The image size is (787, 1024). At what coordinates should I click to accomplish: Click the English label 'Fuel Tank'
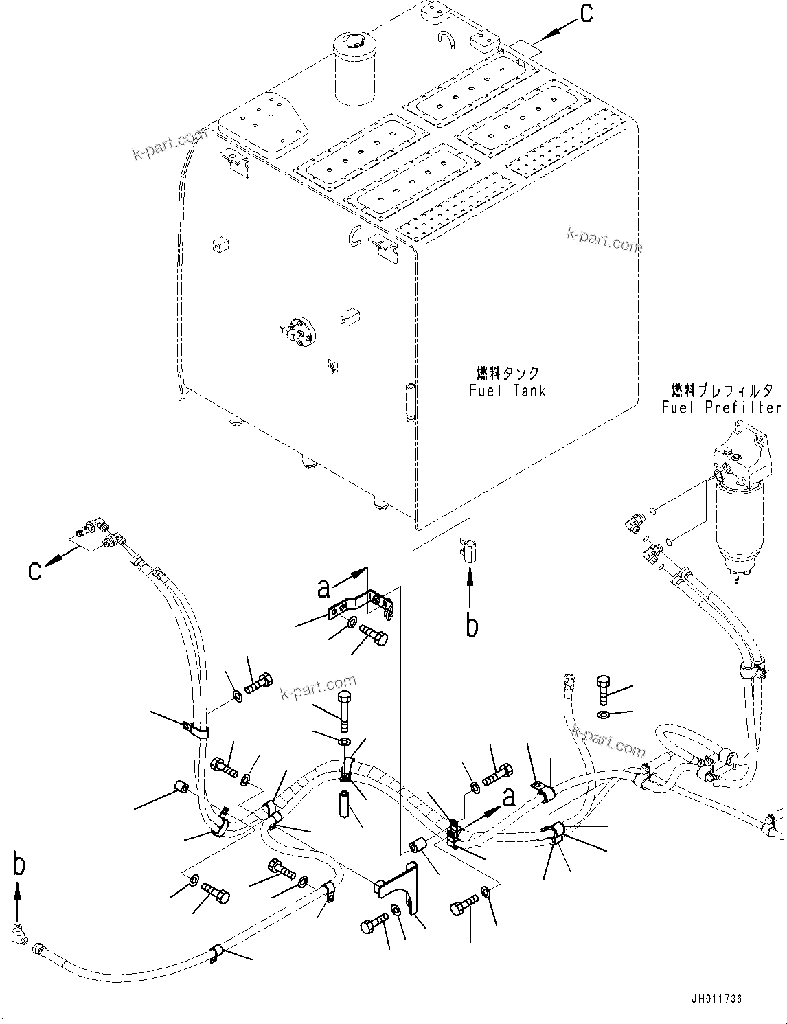[507, 391]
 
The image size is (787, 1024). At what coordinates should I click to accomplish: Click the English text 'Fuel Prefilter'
[720, 408]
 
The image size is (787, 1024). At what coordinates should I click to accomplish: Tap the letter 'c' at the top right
[586, 14]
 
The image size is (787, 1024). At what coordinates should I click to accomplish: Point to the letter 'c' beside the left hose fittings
[35, 569]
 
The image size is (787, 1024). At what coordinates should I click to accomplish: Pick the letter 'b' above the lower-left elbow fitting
[19, 864]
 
